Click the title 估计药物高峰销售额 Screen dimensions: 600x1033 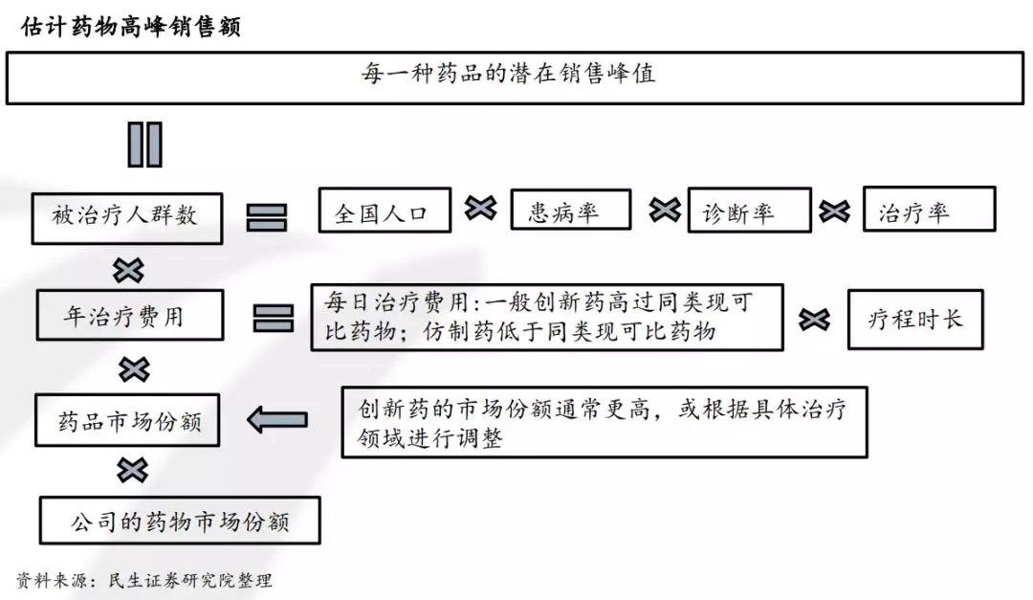131,26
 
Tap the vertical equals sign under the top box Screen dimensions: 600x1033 145,144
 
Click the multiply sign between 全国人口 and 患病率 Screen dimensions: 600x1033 480,208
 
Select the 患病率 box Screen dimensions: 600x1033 570,211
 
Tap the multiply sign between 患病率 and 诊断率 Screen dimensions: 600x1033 664,210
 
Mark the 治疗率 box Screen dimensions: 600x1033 928,210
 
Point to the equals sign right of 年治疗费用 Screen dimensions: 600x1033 274,318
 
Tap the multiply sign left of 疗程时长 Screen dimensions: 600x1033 814,320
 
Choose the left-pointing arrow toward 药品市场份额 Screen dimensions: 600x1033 277,419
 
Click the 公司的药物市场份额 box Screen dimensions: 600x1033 180,520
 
